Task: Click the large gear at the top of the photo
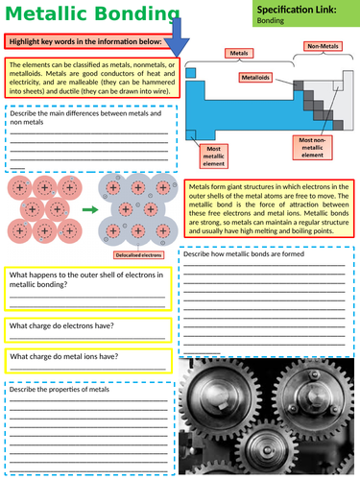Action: click(x=259, y=381)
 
